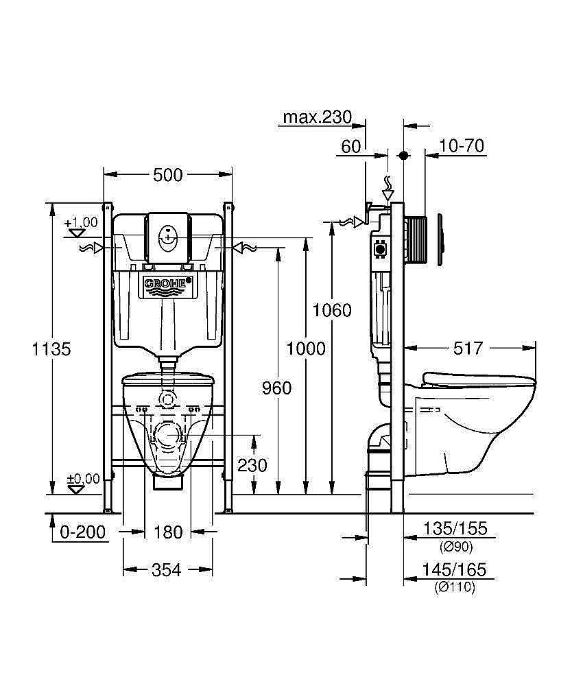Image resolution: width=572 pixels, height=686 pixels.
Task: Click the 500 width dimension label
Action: click(x=168, y=175)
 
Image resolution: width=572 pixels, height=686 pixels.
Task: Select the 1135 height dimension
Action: click(x=51, y=348)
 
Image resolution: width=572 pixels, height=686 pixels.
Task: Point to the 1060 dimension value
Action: click(x=332, y=310)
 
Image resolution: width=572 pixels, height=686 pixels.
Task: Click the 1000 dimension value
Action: click(x=306, y=348)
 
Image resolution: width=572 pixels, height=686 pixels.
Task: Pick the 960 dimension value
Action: click(x=277, y=388)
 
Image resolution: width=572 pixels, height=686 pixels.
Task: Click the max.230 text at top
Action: click(x=317, y=117)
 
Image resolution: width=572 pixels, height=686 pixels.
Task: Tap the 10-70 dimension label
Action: click(x=462, y=146)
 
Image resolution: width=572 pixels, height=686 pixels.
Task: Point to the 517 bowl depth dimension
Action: click(x=468, y=348)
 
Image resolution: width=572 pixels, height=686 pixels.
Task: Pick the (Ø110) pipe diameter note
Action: click(x=455, y=587)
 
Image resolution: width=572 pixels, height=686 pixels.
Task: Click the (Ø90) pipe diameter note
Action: click(x=455, y=546)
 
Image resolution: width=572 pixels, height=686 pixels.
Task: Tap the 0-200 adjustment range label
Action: click(x=84, y=532)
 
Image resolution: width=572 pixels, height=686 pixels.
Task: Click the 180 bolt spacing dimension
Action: click(x=168, y=532)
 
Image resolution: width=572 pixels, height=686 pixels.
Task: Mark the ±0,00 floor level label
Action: click(x=82, y=478)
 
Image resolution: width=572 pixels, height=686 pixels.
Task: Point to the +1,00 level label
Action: click(x=82, y=223)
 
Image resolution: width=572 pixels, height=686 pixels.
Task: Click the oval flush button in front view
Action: click(x=168, y=239)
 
